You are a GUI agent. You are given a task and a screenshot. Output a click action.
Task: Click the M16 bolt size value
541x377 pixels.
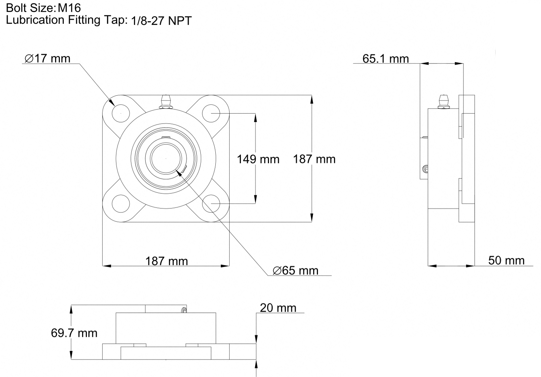click(69, 8)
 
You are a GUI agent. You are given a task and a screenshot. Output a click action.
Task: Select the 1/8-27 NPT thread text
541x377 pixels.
click(161, 21)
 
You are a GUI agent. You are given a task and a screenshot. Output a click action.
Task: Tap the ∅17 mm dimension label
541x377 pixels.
click(47, 58)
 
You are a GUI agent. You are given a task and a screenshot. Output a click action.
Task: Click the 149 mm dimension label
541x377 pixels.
click(258, 159)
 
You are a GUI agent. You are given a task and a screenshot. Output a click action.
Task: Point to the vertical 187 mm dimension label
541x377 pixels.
click(314, 159)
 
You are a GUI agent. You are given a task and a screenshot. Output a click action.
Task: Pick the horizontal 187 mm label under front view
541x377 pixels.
click(166, 261)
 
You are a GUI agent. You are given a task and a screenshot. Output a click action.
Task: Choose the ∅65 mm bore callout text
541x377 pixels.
click(295, 270)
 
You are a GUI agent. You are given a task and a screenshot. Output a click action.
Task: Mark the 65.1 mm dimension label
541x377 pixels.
click(385, 59)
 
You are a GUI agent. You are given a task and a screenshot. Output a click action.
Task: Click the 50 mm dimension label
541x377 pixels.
click(506, 260)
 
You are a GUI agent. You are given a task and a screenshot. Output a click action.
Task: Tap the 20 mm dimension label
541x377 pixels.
click(278, 308)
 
